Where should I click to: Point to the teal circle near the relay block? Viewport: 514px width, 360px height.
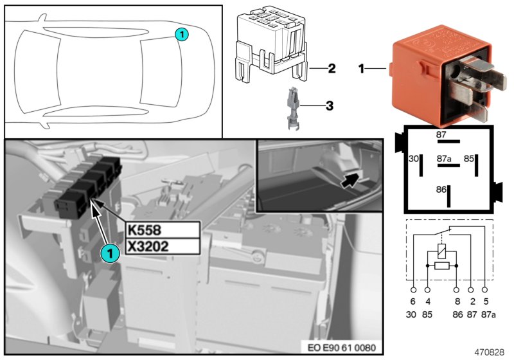(x=110, y=254)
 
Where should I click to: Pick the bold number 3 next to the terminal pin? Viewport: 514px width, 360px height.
(x=329, y=105)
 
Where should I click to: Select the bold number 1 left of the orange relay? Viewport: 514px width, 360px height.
(x=362, y=67)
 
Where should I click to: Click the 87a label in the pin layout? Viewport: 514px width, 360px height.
(x=443, y=157)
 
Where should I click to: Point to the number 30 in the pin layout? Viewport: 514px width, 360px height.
(x=413, y=157)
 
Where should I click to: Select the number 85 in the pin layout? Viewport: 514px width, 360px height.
(x=469, y=157)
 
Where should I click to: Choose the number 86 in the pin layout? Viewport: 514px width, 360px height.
(x=440, y=191)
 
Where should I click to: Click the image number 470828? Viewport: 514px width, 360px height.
(x=490, y=352)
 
